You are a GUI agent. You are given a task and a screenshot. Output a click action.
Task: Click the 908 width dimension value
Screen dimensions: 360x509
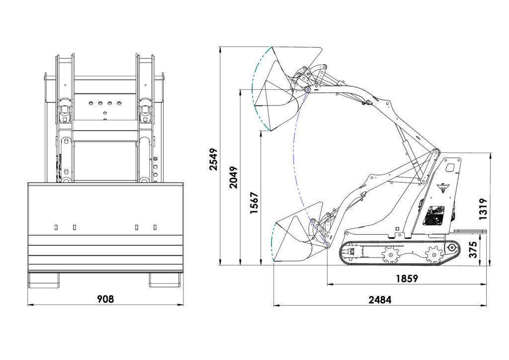[105, 299]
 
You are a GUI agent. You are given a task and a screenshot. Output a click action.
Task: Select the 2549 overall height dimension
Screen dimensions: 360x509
[213, 159]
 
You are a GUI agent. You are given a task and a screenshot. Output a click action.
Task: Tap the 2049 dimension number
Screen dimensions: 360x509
[234, 176]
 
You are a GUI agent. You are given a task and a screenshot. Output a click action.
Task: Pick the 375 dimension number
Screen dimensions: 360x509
[473, 249]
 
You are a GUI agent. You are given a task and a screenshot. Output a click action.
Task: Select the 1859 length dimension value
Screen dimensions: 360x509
[407, 278]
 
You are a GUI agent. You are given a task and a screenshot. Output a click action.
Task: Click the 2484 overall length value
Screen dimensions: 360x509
[380, 299]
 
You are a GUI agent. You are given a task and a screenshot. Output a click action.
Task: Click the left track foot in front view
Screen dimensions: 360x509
[44, 279]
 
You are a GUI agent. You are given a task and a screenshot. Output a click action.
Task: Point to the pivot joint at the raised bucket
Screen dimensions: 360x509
[308, 90]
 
